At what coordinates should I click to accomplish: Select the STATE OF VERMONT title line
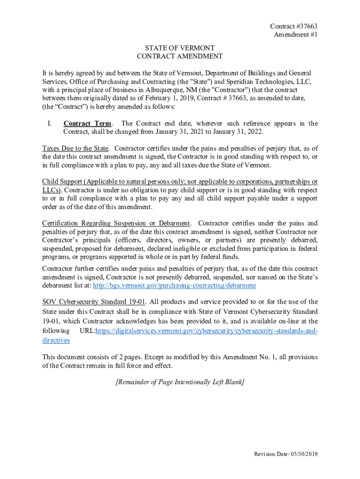(180, 48)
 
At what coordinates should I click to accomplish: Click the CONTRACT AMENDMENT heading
(180, 56)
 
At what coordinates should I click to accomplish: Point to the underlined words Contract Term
(87, 123)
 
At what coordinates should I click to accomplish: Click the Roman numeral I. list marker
(49, 123)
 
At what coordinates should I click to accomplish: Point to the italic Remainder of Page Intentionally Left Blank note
(180, 382)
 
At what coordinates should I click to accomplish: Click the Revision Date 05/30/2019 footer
(286, 454)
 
